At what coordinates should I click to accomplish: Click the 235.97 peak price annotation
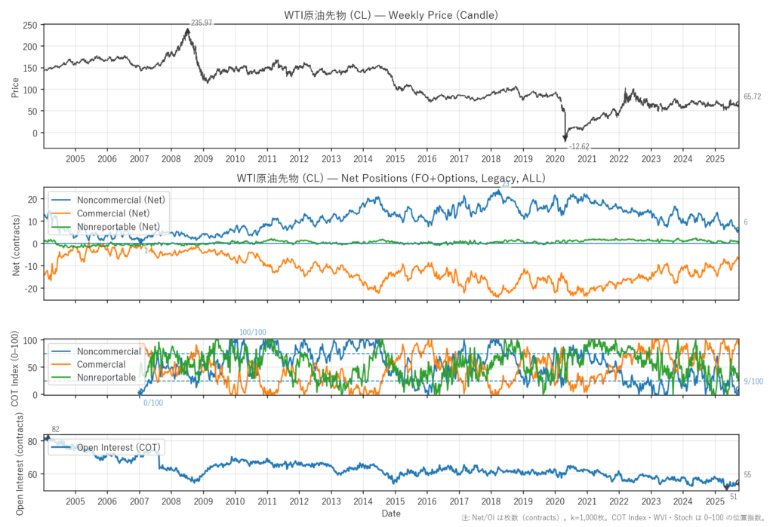pyautogui.click(x=202, y=23)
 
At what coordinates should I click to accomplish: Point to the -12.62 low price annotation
pyautogui.click(x=579, y=146)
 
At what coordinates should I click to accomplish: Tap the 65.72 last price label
pyautogui.click(x=752, y=97)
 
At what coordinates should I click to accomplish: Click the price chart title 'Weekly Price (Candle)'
pyautogui.click(x=390, y=14)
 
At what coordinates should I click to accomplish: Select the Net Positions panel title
pyautogui.click(x=390, y=179)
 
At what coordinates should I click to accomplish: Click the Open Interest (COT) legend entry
pyautogui.click(x=114, y=447)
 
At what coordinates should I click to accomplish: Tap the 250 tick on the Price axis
pyautogui.click(x=30, y=25)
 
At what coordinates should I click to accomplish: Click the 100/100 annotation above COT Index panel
pyautogui.click(x=252, y=332)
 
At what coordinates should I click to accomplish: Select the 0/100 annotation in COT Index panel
pyautogui.click(x=152, y=403)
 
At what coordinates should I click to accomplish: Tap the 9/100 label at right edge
pyautogui.click(x=753, y=381)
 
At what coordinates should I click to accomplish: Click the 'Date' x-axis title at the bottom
pyautogui.click(x=391, y=513)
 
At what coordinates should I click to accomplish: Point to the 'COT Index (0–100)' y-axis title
pyautogui.click(x=16, y=367)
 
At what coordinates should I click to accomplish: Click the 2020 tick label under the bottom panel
pyautogui.click(x=555, y=501)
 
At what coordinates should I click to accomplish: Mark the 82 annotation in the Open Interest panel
pyautogui.click(x=55, y=430)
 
